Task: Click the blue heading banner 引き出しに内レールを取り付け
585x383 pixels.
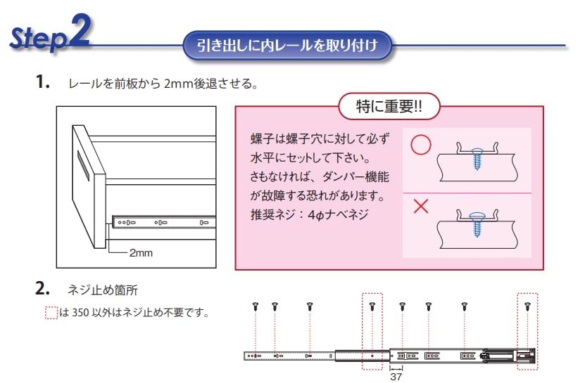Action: point(287,46)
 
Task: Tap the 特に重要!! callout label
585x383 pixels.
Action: point(388,107)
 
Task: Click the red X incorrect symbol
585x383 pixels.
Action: point(421,207)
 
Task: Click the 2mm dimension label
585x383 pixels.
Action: point(141,252)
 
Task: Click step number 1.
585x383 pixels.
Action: point(42,83)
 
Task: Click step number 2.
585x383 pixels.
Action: point(42,288)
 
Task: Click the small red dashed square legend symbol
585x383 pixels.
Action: point(51,313)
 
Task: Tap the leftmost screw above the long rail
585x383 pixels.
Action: point(256,306)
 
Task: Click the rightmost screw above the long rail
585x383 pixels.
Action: point(527,306)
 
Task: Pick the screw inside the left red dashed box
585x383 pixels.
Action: point(372,306)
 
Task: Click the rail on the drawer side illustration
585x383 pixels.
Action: point(162,223)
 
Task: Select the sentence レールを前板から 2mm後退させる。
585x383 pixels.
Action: point(163,84)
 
